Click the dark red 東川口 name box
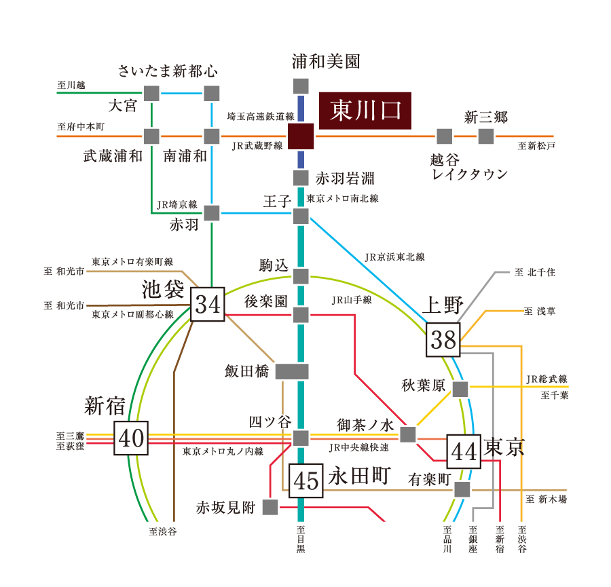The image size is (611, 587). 365,111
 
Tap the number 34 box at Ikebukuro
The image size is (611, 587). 208,304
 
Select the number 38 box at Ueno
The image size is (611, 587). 443,340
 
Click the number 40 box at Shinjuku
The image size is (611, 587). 131,438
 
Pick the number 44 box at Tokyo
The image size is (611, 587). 464,451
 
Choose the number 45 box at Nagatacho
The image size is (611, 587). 306,480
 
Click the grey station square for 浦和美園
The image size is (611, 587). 301,86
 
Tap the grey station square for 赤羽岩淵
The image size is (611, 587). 301,178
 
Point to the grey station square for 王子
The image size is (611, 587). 301,216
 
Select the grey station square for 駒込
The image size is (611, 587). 301,276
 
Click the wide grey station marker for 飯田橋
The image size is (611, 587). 292,372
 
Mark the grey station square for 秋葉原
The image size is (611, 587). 460,389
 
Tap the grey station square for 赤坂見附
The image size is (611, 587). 270,507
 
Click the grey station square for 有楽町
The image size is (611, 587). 462,490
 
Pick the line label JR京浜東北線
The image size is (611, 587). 394,257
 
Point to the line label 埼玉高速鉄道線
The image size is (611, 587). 261,116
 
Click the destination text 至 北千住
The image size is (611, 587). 535,272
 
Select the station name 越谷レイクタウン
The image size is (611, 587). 468,167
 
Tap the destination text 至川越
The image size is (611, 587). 71,85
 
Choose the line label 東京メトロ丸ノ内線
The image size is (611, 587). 223,451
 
